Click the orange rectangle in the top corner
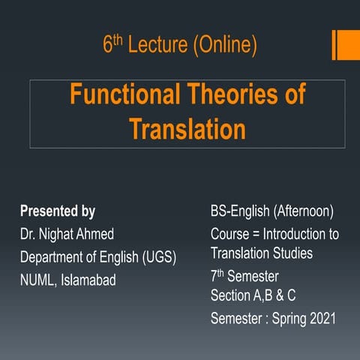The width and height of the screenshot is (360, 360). coord(346,44)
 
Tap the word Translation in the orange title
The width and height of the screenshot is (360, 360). coord(187,129)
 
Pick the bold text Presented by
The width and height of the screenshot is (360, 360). coord(58,211)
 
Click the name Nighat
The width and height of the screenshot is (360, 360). coord(64,234)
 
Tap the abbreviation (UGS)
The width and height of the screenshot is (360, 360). coord(158,257)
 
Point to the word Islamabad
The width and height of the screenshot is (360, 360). coord(89,280)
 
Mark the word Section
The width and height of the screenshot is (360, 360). coord(232,295)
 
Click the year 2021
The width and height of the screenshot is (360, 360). coord(321,319)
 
